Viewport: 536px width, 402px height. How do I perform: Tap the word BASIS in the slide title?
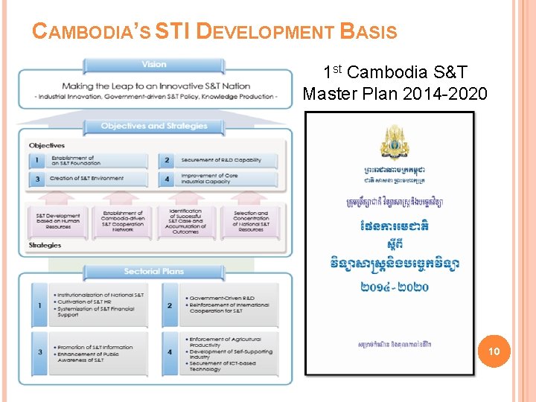[368, 32]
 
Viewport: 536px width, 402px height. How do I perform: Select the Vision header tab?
[154, 65]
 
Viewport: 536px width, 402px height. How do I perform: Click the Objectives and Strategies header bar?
[154, 127]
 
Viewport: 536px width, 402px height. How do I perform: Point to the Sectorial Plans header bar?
[154, 272]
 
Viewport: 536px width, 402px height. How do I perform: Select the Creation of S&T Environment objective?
[86, 179]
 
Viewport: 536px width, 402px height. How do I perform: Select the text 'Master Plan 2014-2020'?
[395, 94]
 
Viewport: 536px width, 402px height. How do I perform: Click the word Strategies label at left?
[45, 245]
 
